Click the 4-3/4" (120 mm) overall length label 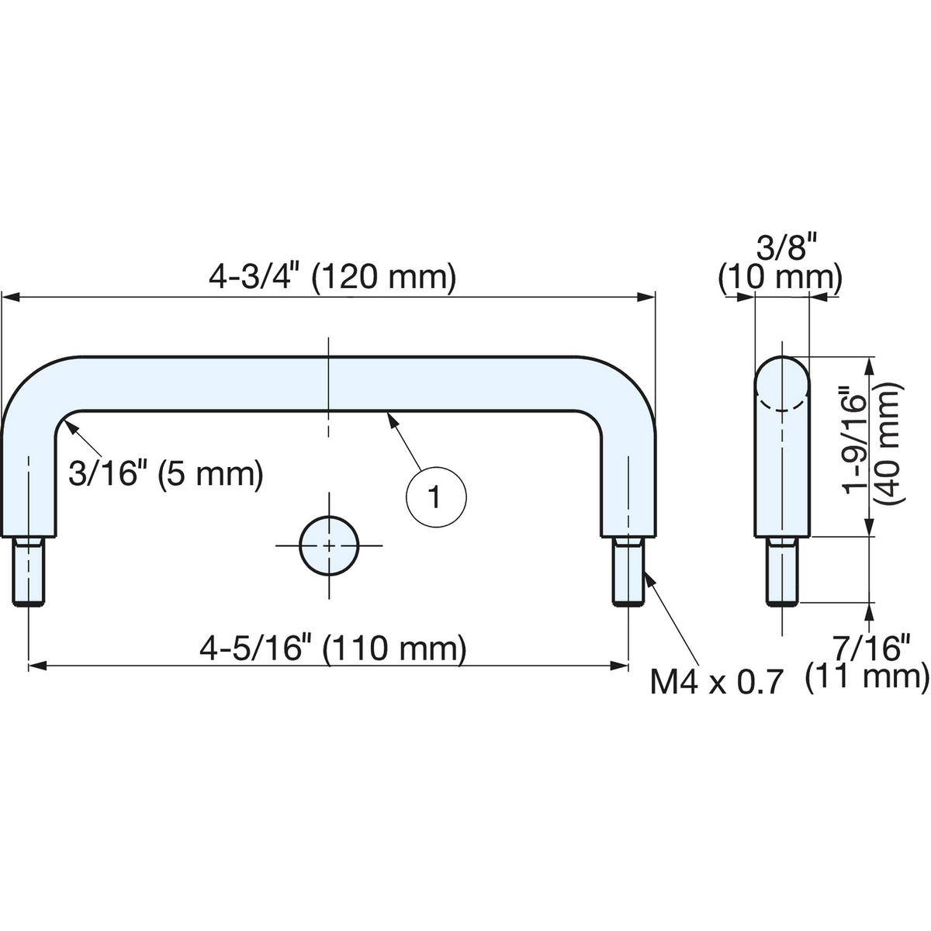(332, 277)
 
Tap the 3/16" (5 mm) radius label (166, 474)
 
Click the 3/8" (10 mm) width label (780, 264)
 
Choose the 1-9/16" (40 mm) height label (873, 445)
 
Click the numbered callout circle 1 (436, 497)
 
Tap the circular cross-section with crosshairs (329, 545)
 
